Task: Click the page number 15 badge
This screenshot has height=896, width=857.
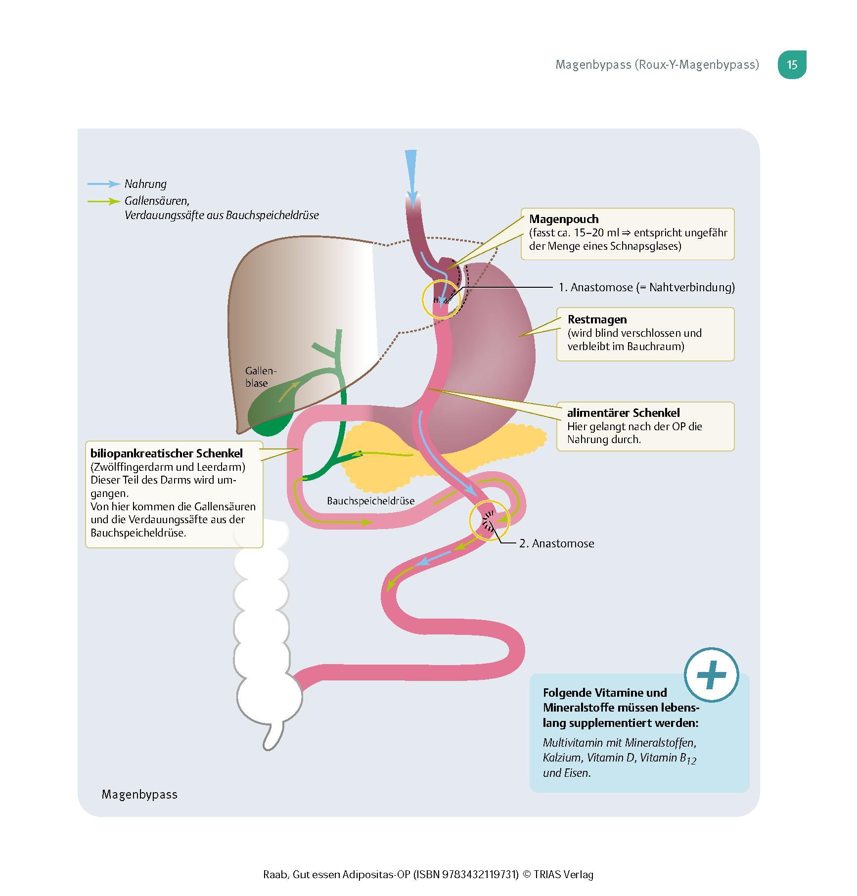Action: [x=792, y=65]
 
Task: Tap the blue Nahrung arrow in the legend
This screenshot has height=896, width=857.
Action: [x=104, y=184]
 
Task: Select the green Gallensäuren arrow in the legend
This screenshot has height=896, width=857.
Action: [x=104, y=201]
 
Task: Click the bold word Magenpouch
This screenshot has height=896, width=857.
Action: [x=564, y=219]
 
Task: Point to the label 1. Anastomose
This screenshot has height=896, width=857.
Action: [x=646, y=287]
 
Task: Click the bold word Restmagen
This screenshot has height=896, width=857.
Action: [x=597, y=319]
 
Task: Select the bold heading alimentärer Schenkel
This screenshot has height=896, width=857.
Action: [x=623, y=413]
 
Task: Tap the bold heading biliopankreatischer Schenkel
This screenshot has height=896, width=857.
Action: [x=167, y=453]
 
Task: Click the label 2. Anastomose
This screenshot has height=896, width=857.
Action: [x=556, y=543]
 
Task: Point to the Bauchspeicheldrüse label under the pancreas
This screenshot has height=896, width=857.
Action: [x=370, y=501]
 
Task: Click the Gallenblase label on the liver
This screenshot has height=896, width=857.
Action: [x=260, y=377]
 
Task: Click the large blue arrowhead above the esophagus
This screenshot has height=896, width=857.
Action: [x=411, y=168]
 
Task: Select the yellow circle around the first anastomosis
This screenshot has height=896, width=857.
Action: [x=441, y=299]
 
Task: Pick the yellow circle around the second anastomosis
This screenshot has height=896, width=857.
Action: [x=489, y=521]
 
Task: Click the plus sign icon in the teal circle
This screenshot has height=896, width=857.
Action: [x=711, y=674]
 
